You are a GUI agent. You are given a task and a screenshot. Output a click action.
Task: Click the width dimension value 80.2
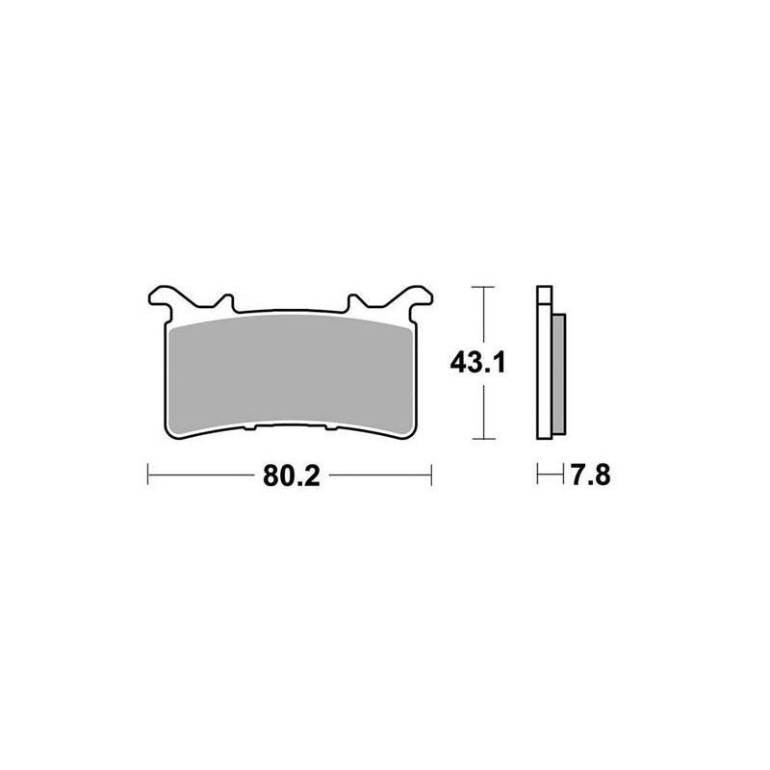tap(289, 475)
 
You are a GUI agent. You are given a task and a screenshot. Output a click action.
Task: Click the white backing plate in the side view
tap(544, 375)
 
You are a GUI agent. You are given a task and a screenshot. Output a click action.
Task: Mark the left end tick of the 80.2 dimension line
tap(147, 475)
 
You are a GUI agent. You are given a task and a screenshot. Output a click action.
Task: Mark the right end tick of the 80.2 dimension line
tap(431, 475)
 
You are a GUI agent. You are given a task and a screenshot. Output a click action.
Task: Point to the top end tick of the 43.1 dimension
tap(481, 287)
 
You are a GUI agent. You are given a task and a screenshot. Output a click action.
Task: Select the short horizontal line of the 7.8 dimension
tap(550, 475)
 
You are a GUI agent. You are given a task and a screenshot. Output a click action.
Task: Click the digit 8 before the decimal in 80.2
tap(267, 475)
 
